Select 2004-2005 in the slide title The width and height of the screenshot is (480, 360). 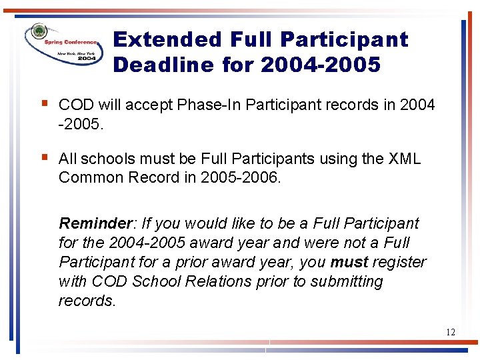click(x=320, y=65)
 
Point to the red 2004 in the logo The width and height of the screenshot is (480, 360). click(x=87, y=59)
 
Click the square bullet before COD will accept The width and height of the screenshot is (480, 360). click(x=44, y=103)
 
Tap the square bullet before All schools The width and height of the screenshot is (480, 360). click(x=44, y=157)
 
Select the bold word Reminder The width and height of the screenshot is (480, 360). click(x=87, y=223)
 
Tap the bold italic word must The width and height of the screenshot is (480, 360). click(x=349, y=262)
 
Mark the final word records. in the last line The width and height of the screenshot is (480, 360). click(x=87, y=301)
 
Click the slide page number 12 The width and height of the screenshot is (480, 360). click(x=451, y=331)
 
